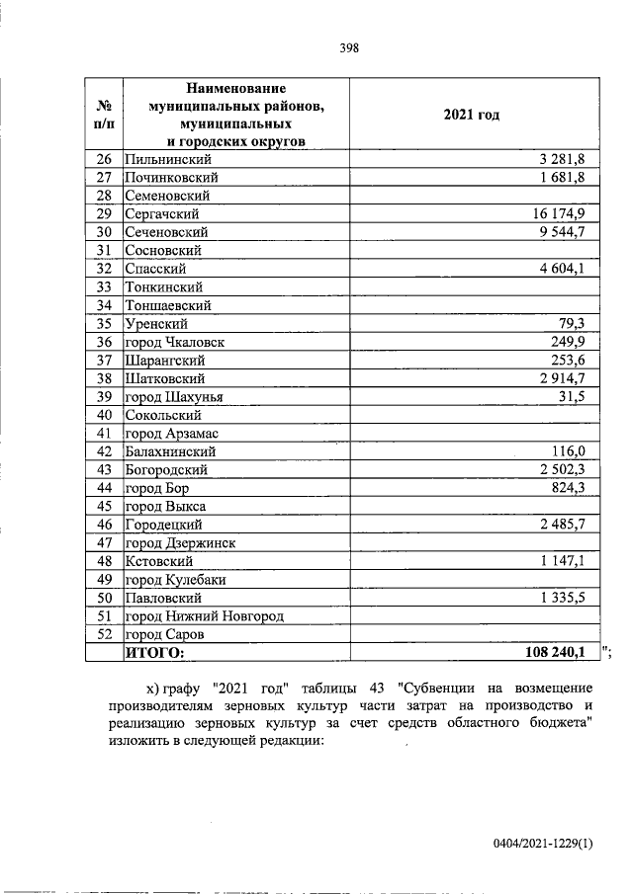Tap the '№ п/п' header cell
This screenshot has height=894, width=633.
coord(103,115)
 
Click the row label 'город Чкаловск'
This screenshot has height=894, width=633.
coord(175,342)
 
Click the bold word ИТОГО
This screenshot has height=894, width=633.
coord(154,652)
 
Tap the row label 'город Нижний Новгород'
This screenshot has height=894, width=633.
coord(205,616)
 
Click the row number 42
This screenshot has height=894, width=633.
coord(104,451)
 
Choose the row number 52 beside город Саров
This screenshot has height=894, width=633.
coord(104,634)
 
